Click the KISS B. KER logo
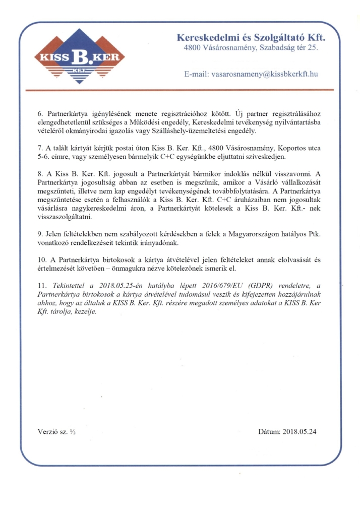(79, 56)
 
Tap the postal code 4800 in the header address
(193, 48)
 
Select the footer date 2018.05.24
(300, 432)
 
